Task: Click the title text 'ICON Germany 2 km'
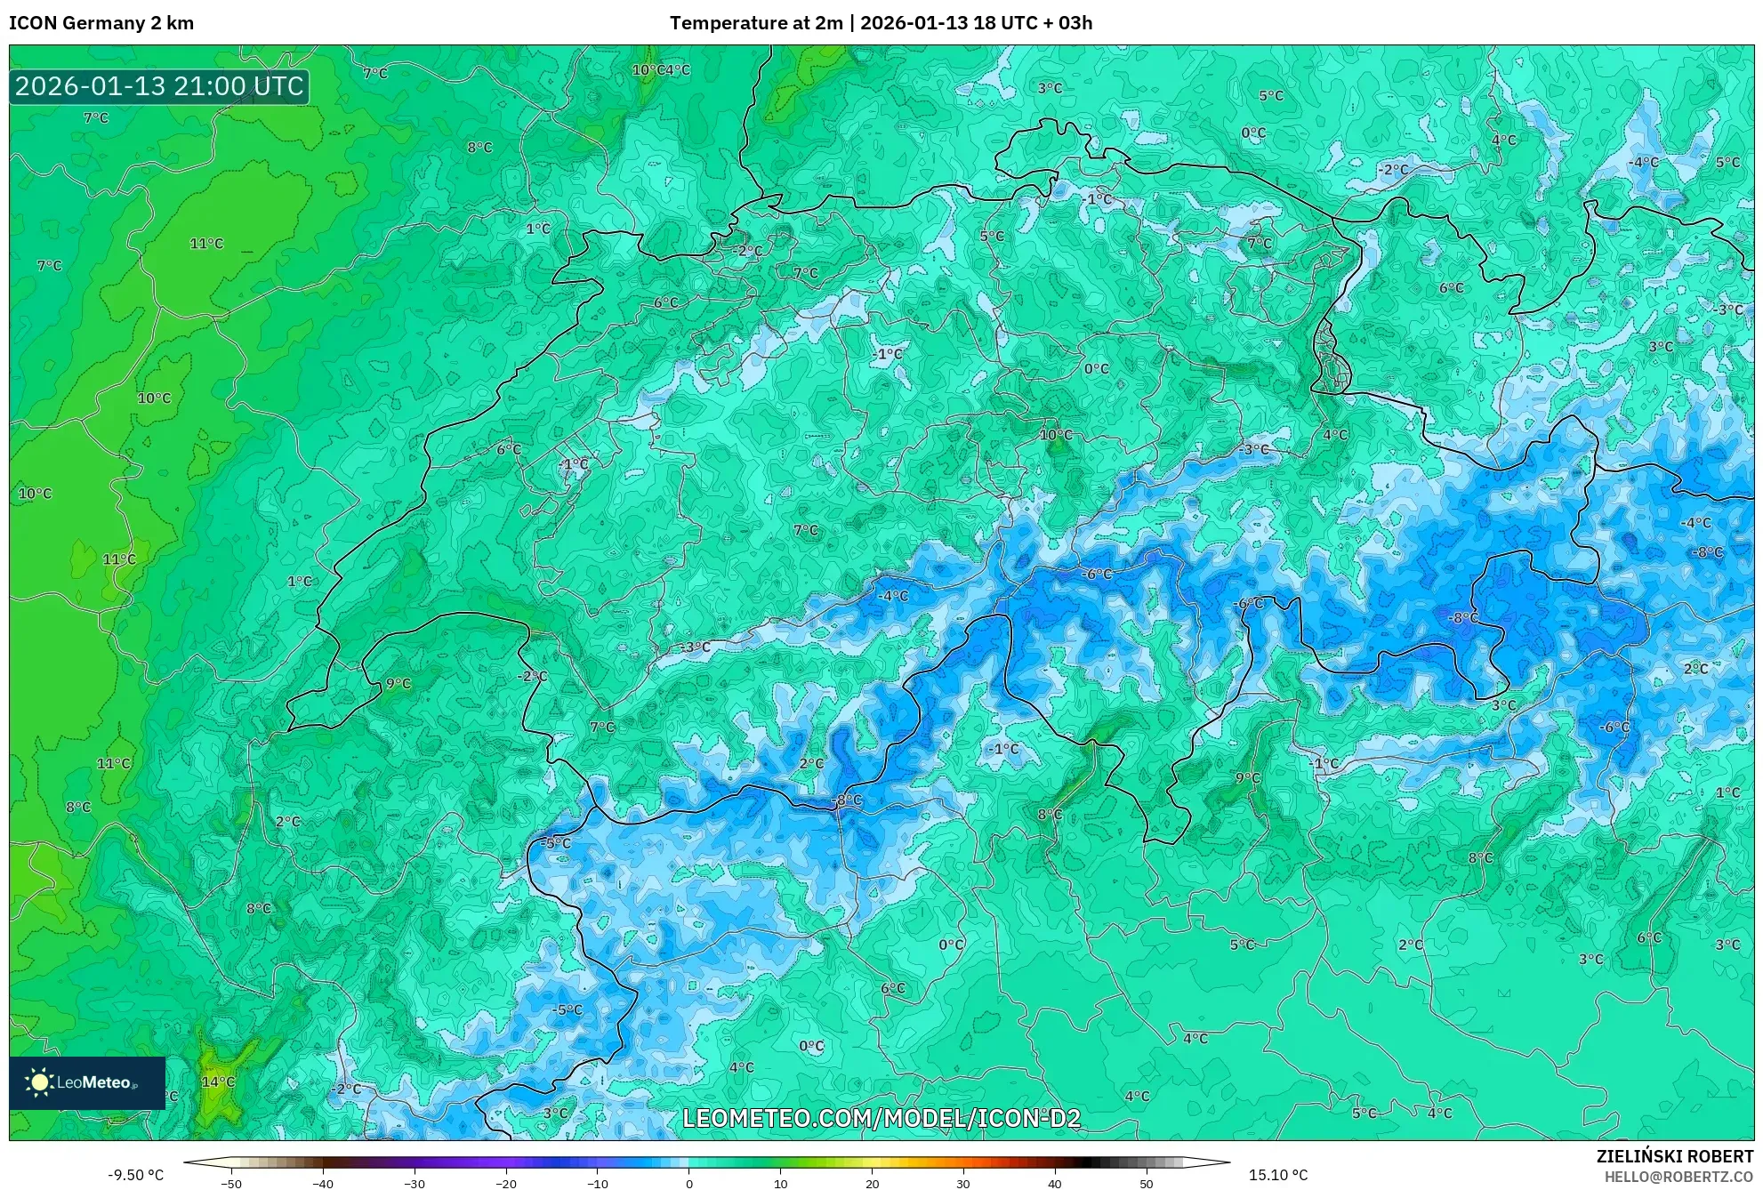click(x=101, y=23)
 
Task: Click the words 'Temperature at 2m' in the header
click(x=755, y=23)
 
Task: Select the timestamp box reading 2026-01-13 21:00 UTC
click(x=159, y=86)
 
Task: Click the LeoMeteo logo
click(x=87, y=1082)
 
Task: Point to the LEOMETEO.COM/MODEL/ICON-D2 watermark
click(x=881, y=1118)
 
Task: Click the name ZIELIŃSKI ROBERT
click(x=1674, y=1156)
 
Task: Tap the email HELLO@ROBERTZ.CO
click(x=1678, y=1177)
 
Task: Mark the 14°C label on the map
click(x=218, y=1081)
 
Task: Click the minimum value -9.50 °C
click(x=136, y=1175)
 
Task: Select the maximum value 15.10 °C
click(x=1278, y=1175)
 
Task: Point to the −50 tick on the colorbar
click(x=231, y=1184)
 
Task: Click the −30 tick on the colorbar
click(x=415, y=1184)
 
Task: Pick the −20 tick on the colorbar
click(x=506, y=1184)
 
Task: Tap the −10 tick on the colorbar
click(x=598, y=1184)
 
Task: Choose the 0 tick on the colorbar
click(x=689, y=1184)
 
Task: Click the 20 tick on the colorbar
click(x=872, y=1184)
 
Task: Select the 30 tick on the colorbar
click(x=963, y=1184)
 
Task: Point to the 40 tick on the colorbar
click(x=1055, y=1184)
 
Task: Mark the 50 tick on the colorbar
click(x=1147, y=1184)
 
